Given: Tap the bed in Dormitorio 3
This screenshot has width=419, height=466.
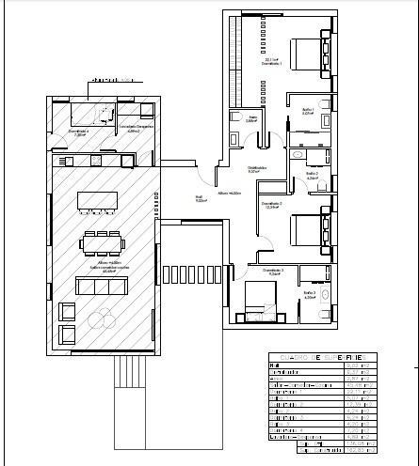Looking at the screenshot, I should click(259, 299).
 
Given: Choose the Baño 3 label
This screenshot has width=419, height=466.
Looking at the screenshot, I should click(309, 295).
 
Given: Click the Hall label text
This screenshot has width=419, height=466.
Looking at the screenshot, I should click(201, 198).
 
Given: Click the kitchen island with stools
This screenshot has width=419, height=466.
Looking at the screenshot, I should click(97, 200).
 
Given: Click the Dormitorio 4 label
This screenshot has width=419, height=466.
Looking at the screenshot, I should click(78, 132).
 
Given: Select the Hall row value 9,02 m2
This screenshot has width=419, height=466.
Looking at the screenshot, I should click(355, 365).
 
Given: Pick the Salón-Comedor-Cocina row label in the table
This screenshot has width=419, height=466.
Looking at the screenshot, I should click(299, 384).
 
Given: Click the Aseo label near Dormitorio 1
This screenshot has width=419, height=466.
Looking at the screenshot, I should click(251, 119).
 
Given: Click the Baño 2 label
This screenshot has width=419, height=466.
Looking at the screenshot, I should click(312, 175).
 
